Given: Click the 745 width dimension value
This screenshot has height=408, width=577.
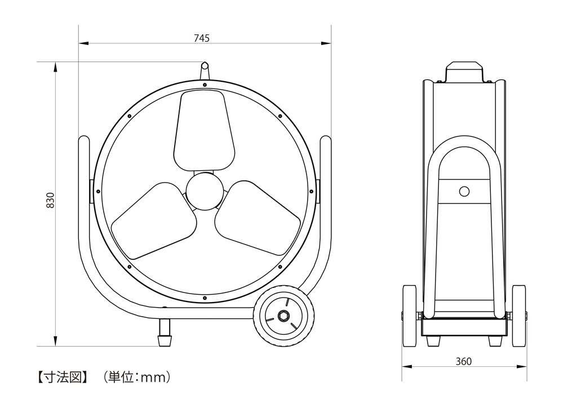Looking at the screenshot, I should tap(202, 38).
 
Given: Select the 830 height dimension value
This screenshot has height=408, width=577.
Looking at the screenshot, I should tap(50, 200).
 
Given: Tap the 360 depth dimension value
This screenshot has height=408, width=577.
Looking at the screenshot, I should tap(463, 361).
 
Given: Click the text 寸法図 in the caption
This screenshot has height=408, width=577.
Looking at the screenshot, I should tap(61, 376).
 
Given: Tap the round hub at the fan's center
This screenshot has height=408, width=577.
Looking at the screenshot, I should tap(204, 192).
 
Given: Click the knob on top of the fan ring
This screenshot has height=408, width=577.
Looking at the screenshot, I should tap(205, 72).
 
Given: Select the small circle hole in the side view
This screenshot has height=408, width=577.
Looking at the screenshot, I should tap(464, 192).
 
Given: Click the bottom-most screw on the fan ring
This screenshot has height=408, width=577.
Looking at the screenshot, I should tap(205, 297).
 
